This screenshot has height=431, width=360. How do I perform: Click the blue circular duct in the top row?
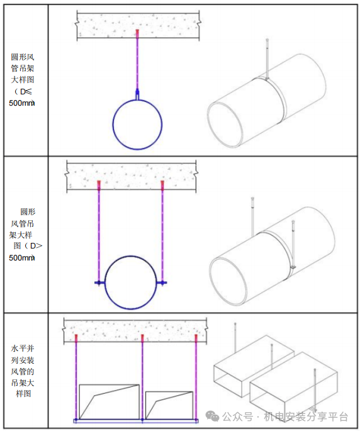[x=113, y=125]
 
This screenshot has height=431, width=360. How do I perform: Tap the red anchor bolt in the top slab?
[x=137, y=33]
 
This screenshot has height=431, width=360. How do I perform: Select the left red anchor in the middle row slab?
[x=99, y=185]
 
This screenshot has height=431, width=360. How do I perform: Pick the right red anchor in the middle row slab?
[x=162, y=185]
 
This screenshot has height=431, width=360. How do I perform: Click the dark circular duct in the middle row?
[x=105, y=283]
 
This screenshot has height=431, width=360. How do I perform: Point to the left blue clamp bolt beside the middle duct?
[x=99, y=283]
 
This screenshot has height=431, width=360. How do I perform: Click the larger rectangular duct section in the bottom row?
[x=80, y=401]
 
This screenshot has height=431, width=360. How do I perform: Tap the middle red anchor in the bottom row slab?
[x=142, y=338]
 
